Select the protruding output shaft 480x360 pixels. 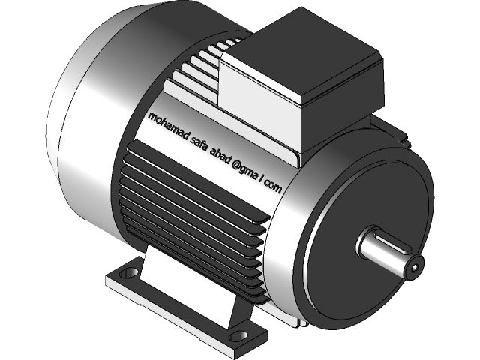[x=386, y=251]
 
